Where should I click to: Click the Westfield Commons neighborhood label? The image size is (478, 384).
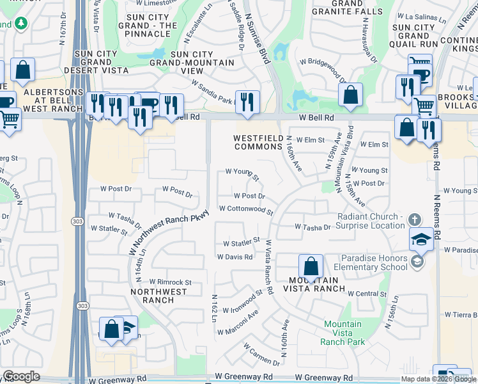click(x=258, y=143)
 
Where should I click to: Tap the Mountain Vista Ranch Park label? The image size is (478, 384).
click(x=343, y=333)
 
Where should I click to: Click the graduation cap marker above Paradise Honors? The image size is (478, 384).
click(x=422, y=239)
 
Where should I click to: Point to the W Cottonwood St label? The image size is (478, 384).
click(x=246, y=209)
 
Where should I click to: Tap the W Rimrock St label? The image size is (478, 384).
click(x=170, y=282)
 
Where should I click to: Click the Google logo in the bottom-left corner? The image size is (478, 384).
click(x=21, y=376)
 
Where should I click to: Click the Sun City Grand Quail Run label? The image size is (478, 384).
click(x=413, y=36)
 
